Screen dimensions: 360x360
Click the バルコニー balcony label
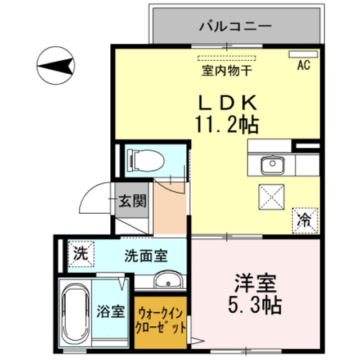point(236,26)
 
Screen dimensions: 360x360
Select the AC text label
point(304,65)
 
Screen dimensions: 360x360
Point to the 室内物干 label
point(227,71)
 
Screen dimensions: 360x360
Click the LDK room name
point(226,102)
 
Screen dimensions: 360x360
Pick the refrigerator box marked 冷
point(304,220)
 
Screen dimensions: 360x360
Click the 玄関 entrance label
point(133,201)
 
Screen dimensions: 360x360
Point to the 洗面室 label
point(146,255)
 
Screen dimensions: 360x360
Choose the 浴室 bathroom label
point(110,311)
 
